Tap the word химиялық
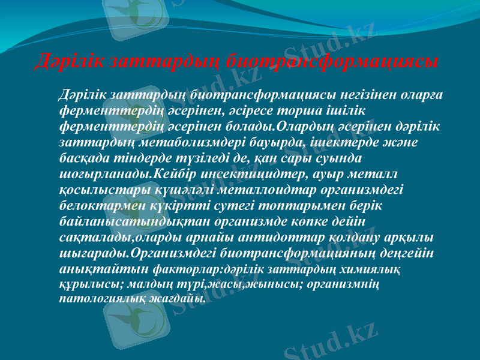373,268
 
